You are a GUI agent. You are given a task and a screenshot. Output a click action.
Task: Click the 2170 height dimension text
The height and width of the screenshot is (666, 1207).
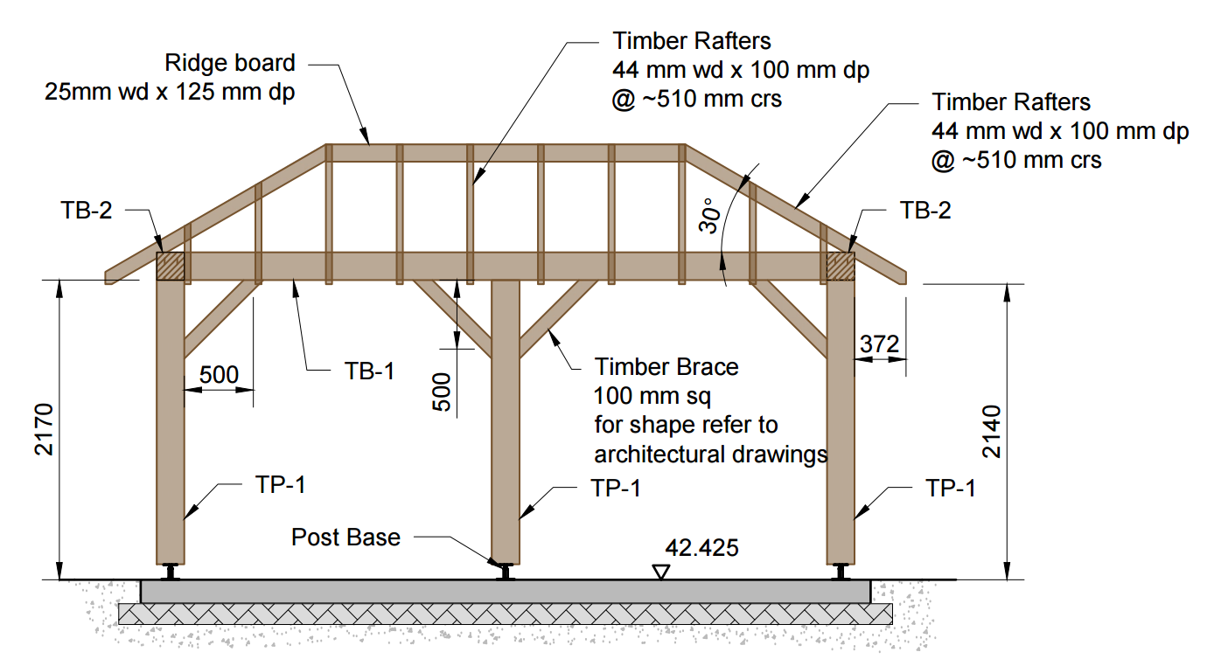click(45, 430)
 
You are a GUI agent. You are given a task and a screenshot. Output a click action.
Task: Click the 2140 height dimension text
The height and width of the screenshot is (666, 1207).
click(992, 431)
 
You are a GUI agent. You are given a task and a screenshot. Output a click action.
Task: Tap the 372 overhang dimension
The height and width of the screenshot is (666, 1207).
click(879, 344)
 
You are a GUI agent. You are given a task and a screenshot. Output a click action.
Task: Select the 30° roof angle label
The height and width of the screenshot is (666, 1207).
click(708, 214)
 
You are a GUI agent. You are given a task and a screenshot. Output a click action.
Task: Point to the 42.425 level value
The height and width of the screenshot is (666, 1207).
click(701, 548)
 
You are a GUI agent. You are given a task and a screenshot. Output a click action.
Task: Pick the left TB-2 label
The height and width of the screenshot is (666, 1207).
click(87, 210)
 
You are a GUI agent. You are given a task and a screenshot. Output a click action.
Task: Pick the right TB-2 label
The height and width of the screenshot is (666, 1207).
click(925, 210)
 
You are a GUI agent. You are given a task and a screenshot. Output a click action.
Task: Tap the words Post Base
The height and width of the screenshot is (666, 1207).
click(345, 537)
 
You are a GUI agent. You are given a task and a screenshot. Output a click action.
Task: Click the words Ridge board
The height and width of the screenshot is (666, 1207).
click(230, 63)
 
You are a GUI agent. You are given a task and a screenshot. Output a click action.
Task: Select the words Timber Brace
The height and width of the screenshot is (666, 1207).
click(666, 367)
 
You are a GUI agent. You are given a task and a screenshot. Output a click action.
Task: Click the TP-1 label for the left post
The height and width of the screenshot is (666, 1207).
click(281, 484)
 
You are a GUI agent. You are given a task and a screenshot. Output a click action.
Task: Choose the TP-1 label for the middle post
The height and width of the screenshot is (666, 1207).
click(616, 488)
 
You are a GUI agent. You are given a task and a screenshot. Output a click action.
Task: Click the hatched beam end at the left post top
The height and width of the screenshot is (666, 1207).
click(171, 267)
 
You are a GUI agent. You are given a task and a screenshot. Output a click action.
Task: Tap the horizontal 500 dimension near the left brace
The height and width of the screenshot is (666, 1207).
click(219, 375)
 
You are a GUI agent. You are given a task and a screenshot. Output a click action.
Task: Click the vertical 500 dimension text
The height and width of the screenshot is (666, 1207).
click(443, 392)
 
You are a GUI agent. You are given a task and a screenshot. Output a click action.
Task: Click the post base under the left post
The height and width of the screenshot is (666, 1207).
click(171, 572)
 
